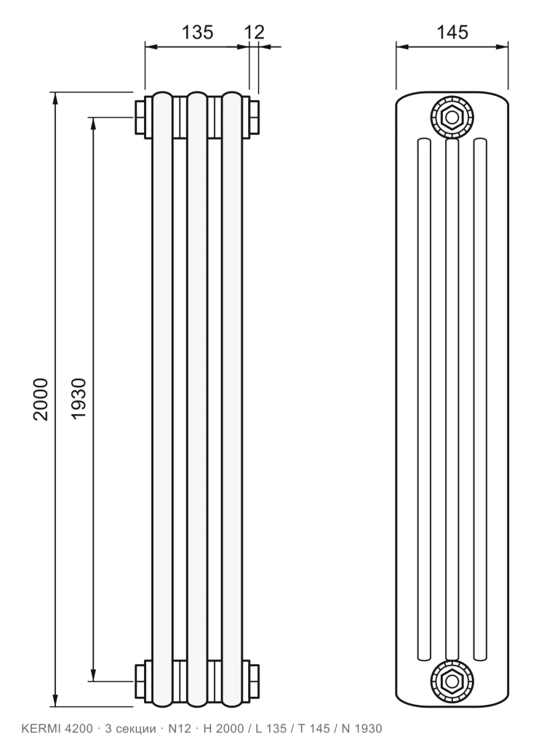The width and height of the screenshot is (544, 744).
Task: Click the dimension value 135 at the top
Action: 198,32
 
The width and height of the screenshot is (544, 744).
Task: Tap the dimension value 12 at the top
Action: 255,32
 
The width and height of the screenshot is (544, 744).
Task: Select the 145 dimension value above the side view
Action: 452,32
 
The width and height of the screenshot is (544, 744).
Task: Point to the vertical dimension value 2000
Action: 41,399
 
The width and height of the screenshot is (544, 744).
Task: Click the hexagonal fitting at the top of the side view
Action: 452,116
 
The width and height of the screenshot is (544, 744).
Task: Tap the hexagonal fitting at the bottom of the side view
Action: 452,682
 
